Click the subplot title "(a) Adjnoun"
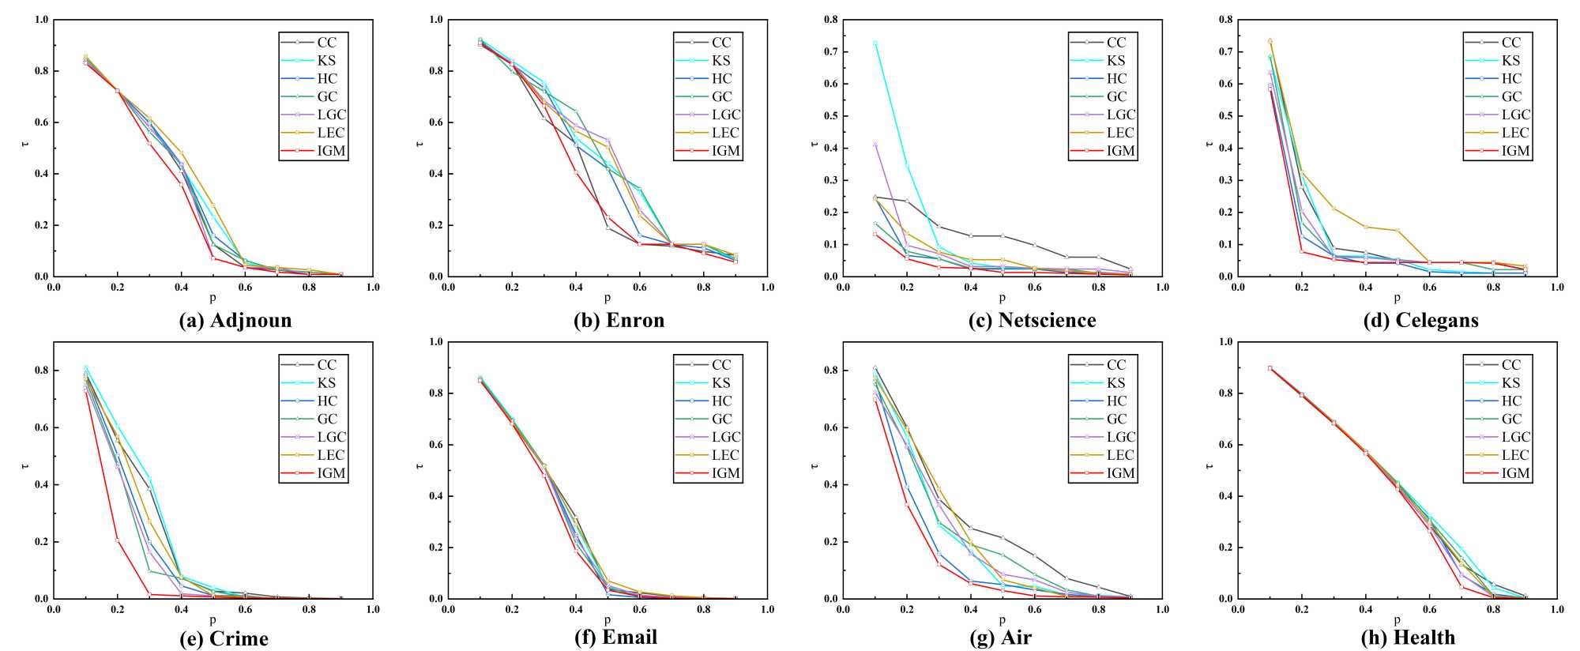235,321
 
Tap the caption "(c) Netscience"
1033,321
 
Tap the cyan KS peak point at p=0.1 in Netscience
875,43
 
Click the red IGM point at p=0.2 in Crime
118,540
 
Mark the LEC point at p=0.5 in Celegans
1398,230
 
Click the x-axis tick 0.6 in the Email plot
640,610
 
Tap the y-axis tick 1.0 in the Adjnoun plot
40,19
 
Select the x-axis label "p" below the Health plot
1397,620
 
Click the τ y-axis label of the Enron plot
419,145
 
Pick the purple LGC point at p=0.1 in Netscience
875,144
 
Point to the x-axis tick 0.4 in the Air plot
971,610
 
